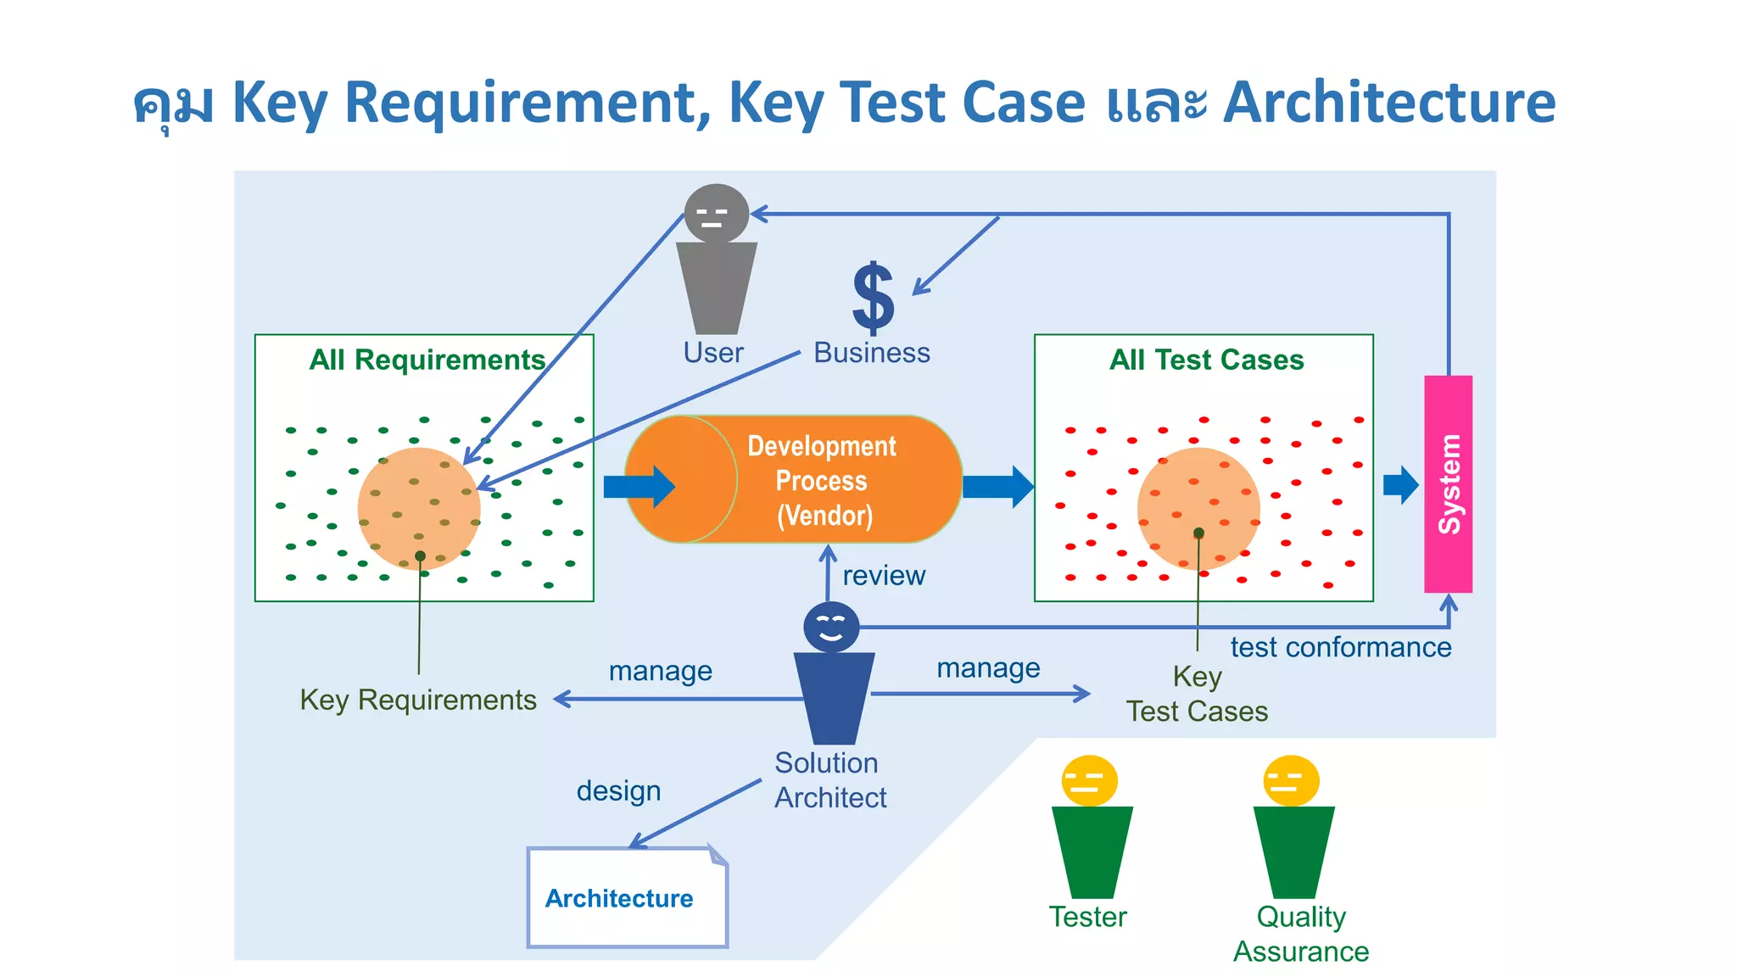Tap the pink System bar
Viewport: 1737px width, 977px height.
pyautogui.click(x=1448, y=483)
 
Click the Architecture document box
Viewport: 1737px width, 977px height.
pyautogui.click(x=627, y=897)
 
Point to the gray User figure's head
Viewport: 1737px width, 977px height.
pyautogui.click(x=716, y=213)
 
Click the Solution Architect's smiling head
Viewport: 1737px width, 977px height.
pyautogui.click(x=831, y=628)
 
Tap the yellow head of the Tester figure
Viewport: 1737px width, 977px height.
pyautogui.click(x=1089, y=780)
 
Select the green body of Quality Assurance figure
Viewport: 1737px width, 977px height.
pyautogui.click(x=1293, y=851)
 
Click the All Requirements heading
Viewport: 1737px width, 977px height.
pyautogui.click(x=427, y=360)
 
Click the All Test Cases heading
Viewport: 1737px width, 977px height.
pyautogui.click(x=1206, y=360)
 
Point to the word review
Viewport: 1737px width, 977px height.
pyautogui.click(x=883, y=576)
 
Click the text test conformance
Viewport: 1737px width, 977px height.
pyautogui.click(x=1340, y=647)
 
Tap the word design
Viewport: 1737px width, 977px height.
pyautogui.click(x=618, y=790)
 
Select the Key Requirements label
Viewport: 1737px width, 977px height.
pyautogui.click(x=418, y=700)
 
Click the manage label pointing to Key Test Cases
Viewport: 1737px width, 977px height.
pyautogui.click(x=988, y=668)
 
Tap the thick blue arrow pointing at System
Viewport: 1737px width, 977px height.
pyautogui.click(x=1399, y=485)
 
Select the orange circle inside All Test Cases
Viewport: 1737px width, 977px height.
pyautogui.click(x=1198, y=508)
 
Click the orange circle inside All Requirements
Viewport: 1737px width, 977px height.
pyautogui.click(x=419, y=508)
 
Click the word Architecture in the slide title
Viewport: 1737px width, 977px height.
pyautogui.click(x=1388, y=103)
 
